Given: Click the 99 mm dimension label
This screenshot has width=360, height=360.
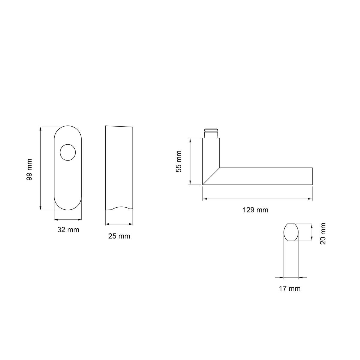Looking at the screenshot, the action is pyautogui.click(x=29, y=169).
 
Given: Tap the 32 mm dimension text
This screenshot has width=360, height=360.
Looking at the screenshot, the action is pyautogui.click(x=68, y=229).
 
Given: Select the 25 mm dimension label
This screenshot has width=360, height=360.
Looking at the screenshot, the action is pyautogui.click(x=119, y=236).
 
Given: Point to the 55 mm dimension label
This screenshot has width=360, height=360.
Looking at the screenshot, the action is pyautogui.click(x=179, y=161).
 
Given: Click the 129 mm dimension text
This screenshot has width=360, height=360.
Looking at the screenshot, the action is pyautogui.click(x=255, y=210).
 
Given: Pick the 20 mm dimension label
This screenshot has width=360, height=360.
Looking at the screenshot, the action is pyautogui.click(x=323, y=234).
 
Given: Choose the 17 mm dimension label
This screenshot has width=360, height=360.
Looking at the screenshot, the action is pyautogui.click(x=290, y=289).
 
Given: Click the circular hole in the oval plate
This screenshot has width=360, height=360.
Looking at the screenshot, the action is pyautogui.click(x=68, y=152).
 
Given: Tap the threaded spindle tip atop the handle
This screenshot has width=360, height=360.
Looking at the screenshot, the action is pyautogui.click(x=211, y=133).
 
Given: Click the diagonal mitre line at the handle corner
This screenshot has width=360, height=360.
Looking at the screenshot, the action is pyautogui.click(x=211, y=176).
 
